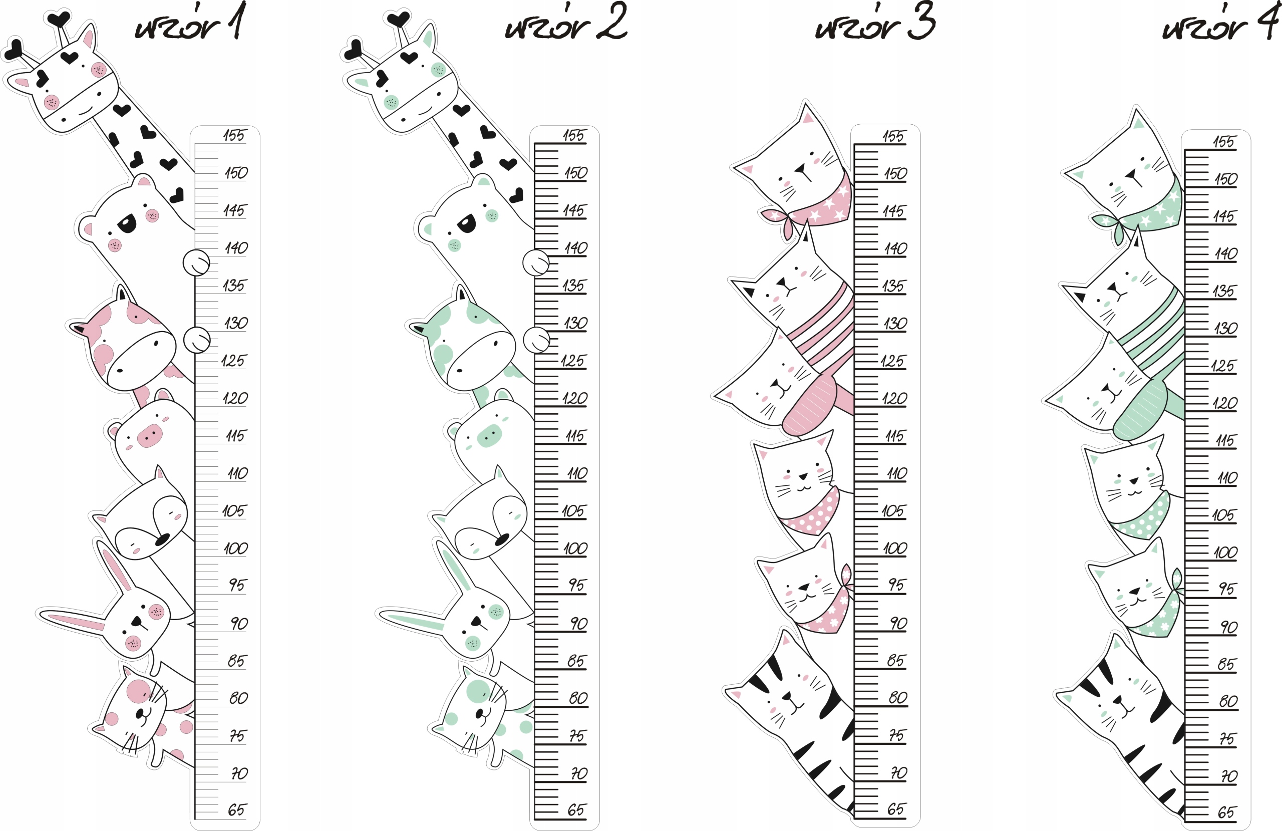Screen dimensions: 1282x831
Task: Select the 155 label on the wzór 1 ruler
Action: click(234, 135)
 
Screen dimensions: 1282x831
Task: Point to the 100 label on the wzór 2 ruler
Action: click(575, 548)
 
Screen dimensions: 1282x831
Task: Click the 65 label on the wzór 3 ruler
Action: click(896, 809)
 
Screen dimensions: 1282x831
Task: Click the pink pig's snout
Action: click(150, 435)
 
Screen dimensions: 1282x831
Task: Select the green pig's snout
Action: click(489, 435)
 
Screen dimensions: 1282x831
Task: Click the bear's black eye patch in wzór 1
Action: click(127, 223)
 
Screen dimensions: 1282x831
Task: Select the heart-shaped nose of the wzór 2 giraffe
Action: click(382, 79)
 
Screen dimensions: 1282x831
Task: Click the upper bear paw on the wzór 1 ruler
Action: click(196, 263)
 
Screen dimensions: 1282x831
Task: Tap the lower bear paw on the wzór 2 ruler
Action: click(536, 340)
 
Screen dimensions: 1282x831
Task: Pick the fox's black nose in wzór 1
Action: click(162, 539)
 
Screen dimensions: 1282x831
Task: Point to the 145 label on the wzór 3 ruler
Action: click(893, 211)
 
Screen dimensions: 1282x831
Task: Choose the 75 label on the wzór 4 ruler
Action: click(1226, 738)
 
